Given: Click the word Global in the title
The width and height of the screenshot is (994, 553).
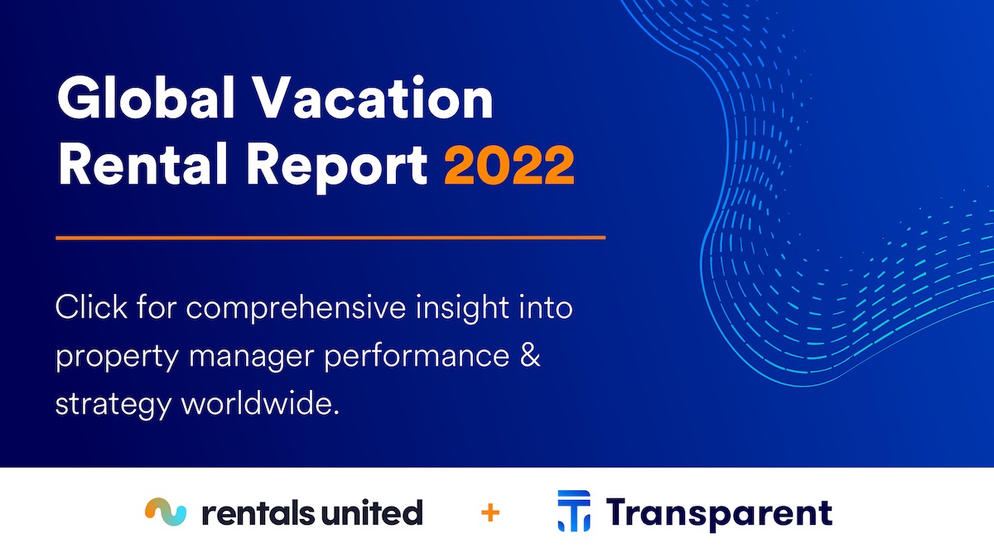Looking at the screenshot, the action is tap(146, 97).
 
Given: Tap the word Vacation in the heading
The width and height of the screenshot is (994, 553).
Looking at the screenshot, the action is tap(374, 97).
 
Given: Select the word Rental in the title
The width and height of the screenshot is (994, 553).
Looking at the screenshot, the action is tap(142, 164).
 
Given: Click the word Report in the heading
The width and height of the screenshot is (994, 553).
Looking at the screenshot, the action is tap(337, 167).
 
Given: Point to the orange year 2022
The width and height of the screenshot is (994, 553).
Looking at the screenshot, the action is tap(509, 165).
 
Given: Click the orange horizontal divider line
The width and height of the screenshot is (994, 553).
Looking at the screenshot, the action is tap(331, 238).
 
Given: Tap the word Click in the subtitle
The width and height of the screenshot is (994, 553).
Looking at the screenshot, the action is tap(91, 306).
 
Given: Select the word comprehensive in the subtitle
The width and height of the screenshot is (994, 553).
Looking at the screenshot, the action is tap(296, 308).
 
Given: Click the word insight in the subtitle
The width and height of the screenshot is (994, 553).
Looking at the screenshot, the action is tap(462, 308).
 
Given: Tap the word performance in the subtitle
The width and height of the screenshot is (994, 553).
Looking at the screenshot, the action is tap(417, 357).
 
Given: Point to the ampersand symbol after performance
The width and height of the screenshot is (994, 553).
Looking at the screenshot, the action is tap(530, 355).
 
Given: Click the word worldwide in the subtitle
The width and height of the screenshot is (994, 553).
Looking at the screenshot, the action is tap(260, 402).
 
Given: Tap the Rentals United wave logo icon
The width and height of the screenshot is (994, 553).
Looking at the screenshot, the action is tap(166, 512).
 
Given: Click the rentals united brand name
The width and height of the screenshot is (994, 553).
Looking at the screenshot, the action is tap(312, 512).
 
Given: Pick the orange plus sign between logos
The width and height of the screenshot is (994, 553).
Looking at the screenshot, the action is tap(490, 513).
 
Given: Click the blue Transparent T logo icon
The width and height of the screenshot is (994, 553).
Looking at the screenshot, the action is tap(574, 511).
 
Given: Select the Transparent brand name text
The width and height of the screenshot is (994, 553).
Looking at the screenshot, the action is tap(719, 513).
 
